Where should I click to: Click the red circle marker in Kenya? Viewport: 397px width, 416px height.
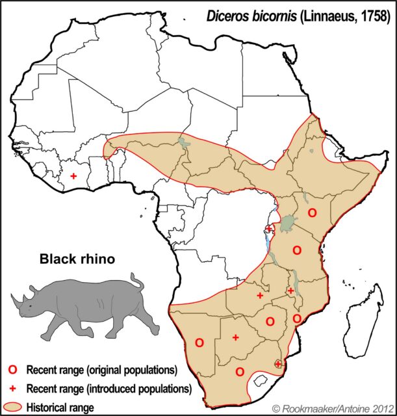pos(312,213)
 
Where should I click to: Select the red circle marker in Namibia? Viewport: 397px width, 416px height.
pos(199,342)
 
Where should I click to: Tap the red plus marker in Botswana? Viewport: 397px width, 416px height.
pos(235,337)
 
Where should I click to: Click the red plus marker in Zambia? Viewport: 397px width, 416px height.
pos(260,295)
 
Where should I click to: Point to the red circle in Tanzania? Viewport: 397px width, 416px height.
pos(297,250)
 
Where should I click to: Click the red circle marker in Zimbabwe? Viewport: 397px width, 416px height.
pos(270,320)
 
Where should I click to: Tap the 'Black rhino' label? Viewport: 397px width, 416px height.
pos(77,259)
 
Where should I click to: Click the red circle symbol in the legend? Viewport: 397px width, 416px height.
pos(12,370)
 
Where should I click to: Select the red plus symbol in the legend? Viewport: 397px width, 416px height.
pos(12,389)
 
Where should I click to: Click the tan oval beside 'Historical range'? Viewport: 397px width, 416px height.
pos(13,407)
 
